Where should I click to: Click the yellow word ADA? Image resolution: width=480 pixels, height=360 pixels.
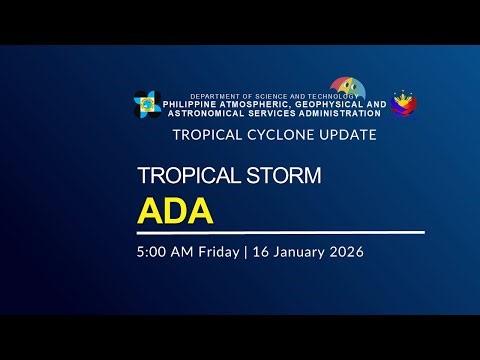(176, 212)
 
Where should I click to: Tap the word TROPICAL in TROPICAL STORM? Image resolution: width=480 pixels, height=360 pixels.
(180, 177)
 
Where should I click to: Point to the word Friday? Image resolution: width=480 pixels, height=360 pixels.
(214, 251)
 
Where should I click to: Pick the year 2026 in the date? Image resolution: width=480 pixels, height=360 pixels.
(344, 251)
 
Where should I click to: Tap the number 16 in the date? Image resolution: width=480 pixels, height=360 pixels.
(256, 251)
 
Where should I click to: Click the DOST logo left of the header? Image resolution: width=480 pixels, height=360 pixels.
(148, 103)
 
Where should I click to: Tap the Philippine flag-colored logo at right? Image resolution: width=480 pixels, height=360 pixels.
(404, 104)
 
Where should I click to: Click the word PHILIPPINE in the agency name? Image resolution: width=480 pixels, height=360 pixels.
(199, 104)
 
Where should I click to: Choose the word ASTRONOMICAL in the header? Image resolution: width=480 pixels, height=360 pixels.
(207, 113)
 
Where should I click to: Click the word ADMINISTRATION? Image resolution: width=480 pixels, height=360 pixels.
(329, 113)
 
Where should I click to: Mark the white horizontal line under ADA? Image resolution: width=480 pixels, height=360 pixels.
(280, 232)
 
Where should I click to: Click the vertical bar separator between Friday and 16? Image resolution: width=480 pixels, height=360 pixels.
(241, 251)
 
